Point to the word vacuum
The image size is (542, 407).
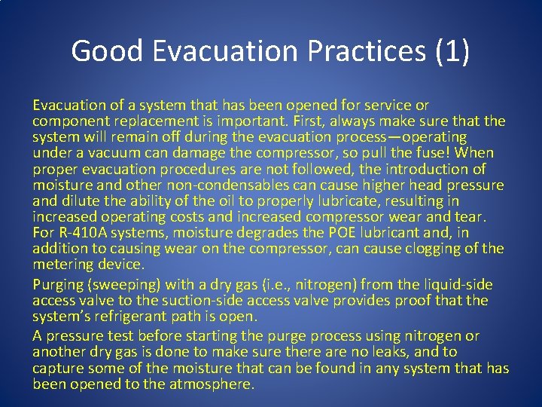click(x=103, y=154)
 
